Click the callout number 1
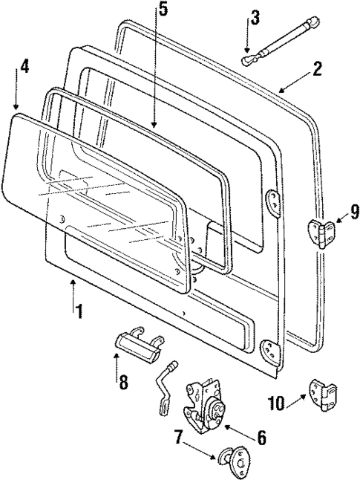click(x=77, y=311)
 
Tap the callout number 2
click(x=317, y=69)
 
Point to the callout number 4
click(x=24, y=66)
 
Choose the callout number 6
click(x=261, y=438)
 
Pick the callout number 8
click(x=122, y=383)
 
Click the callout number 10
click(x=276, y=403)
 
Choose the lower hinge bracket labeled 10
click(x=323, y=392)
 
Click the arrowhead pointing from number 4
click(x=16, y=107)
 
